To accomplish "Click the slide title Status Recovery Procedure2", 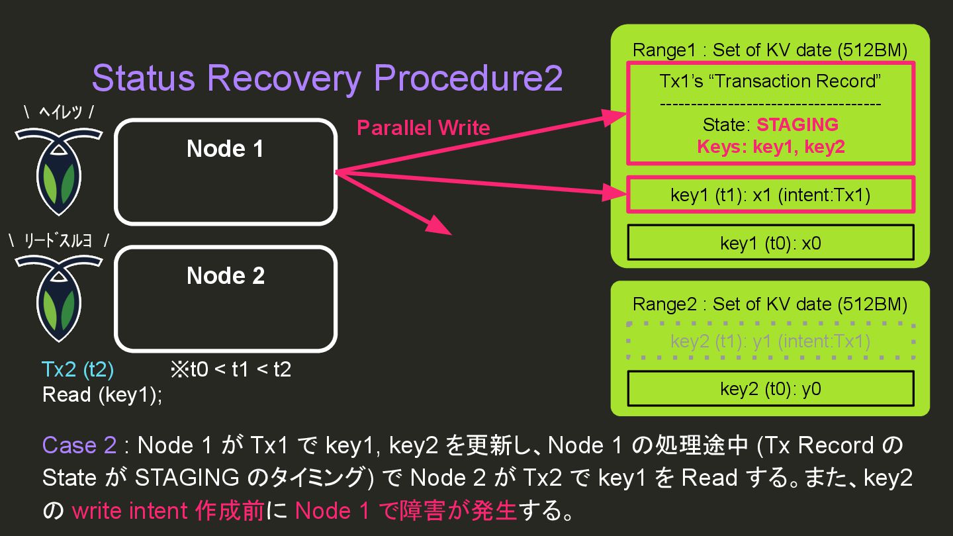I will pos(327,78).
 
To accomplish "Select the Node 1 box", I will pos(226,171).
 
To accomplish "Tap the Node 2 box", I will pos(226,298).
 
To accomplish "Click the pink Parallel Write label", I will pos(423,128).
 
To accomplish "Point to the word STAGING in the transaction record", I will pos(797,124).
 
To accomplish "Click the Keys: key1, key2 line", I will pos(770,146).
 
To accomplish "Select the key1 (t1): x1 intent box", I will pos(770,195).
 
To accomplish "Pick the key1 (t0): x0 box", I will pos(770,243).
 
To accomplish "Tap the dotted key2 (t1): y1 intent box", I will pos(770,341).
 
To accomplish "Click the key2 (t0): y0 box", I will pos(770,388).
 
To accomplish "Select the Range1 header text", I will pos(770,50).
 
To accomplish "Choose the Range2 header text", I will pos(770,304).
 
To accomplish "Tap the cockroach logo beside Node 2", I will pos(59,296).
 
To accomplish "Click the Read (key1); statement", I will pos(102,394).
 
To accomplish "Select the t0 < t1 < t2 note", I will pos(231,369).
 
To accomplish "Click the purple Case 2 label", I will pos(79,445).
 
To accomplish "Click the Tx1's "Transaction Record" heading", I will pos(770,81).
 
